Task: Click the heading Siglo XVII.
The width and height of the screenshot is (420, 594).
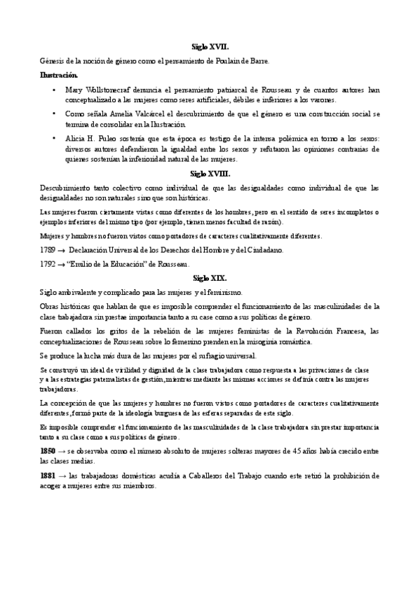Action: (x=210, y=46)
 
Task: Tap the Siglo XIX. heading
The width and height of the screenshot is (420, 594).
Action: (x=210, y=277)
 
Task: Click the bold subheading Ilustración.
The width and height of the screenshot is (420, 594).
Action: (x=60, y=74)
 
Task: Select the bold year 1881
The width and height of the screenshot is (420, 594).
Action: (x=49, y=477)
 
